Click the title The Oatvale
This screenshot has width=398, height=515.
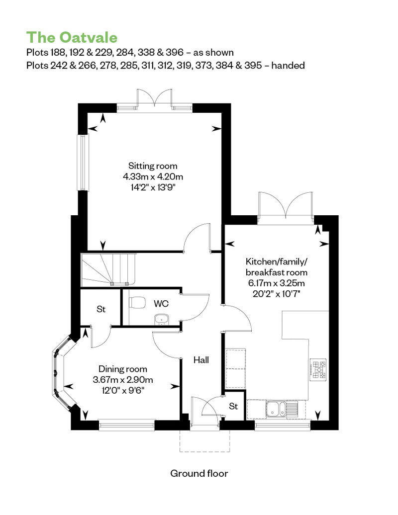click(72, 37)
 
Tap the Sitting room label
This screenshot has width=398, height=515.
click(153, 166)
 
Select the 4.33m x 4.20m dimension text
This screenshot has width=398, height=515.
click(153, 176)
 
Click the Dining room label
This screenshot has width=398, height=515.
click(123, 369)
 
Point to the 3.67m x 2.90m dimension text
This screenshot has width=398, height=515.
click(123, 380)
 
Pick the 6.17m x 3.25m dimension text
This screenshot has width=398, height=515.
click(277, 283)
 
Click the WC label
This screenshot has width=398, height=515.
click(161, 304)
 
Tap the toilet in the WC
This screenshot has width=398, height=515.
click(138, 302)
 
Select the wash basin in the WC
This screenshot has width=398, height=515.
click(161, 319)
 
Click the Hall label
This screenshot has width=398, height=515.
click(201, 360)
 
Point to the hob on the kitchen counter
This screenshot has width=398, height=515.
click(318, 369)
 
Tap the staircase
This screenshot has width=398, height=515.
click(108, 269)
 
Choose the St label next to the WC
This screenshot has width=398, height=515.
click(101, 309)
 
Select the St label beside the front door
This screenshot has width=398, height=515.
click(233, 406)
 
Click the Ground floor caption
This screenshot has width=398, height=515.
click(199, 473)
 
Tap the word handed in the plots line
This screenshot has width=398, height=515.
click(288, 65)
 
